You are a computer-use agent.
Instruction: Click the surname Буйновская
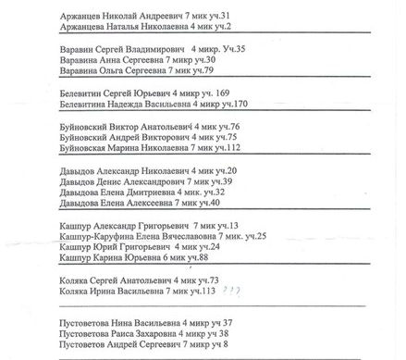(x=87, y=148)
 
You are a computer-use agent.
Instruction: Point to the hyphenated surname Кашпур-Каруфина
(x=104, y=237)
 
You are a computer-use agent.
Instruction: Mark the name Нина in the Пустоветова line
(x=129, y=322)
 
